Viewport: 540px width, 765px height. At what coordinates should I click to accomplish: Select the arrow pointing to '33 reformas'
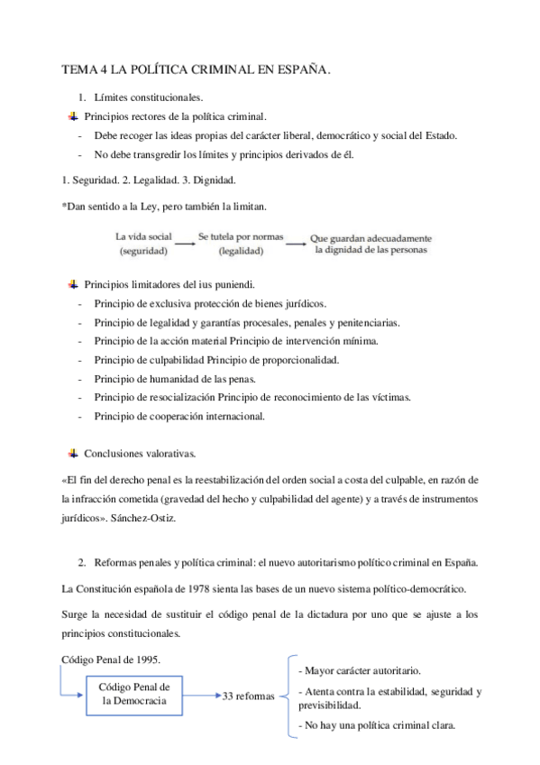pos(200,696)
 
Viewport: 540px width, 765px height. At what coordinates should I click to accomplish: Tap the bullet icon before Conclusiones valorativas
pos(73,452)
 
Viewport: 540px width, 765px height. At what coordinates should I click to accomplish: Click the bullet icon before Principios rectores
pos(73,116)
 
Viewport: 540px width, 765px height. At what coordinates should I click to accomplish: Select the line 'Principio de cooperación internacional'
pos(179,416)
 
